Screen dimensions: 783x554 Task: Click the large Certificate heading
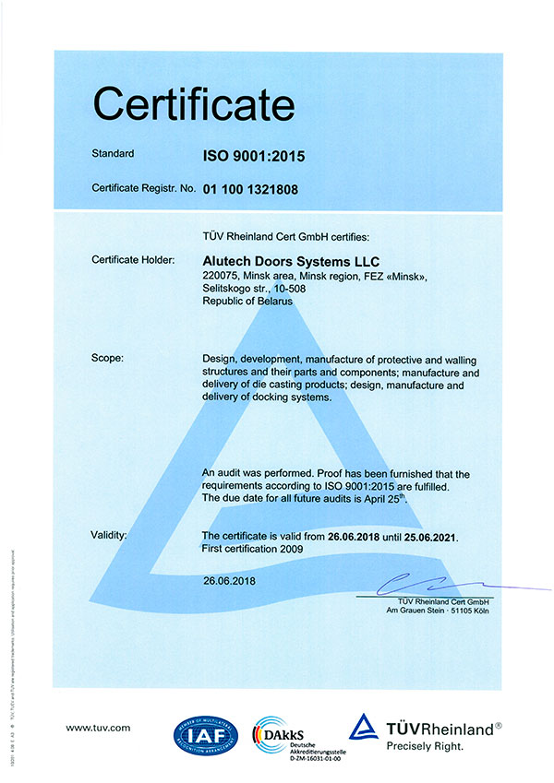point(194,103)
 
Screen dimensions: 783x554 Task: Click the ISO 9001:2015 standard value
point(254,157)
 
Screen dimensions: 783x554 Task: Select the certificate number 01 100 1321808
point(264,189)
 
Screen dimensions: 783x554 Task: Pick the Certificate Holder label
point(133,260)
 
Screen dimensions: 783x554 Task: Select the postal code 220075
point(220,276)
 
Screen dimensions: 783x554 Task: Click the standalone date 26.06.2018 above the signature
point(228,581)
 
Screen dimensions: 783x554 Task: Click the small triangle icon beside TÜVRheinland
point(365,727)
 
